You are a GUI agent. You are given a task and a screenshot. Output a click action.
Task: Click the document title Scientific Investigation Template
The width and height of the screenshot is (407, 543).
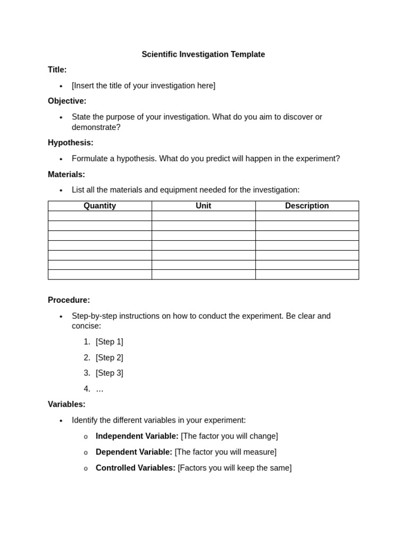point(203,54)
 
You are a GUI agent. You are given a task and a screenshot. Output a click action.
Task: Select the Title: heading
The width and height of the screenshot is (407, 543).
point(57,69)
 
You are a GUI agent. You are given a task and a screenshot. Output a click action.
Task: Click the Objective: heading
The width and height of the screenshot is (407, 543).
point(67,101)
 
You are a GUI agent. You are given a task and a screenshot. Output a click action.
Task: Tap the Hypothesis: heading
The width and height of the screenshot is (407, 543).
point(70,143)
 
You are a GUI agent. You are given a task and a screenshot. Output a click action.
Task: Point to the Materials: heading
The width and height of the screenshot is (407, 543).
point(66,174)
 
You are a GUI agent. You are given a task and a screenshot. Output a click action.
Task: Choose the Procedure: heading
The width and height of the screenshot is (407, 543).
point(69,300)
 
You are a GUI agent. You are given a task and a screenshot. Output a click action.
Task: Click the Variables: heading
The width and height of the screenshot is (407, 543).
point(66,404)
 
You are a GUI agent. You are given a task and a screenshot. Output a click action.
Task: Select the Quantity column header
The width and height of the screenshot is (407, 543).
point(100,206)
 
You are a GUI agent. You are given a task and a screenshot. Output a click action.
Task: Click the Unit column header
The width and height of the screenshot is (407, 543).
point(203,206)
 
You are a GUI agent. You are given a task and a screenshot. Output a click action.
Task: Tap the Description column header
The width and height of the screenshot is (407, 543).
point(307,206)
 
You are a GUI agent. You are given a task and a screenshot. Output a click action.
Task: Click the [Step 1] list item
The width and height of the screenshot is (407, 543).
point(109,342)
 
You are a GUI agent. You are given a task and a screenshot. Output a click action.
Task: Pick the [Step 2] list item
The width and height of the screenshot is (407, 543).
point(109,357)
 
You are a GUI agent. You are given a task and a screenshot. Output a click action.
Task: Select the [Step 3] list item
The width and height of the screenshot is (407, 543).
point(109,373)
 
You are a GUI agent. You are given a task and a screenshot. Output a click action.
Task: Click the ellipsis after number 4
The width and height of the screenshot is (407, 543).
point(100,389)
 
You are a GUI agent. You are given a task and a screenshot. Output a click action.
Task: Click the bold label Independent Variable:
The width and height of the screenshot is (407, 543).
point(137,436)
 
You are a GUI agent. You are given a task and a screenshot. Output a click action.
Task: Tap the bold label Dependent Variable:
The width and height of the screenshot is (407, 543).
point(134,452)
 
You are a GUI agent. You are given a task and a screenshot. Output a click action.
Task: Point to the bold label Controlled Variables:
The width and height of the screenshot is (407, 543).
point(135,468)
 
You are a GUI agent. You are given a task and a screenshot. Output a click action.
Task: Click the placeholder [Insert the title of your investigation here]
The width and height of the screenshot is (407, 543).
point(143,85)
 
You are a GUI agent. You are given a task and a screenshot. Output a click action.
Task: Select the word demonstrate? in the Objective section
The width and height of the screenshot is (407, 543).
point(96,127)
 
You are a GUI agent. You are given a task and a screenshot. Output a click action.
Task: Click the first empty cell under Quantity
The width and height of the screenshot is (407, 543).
point(100,216)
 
